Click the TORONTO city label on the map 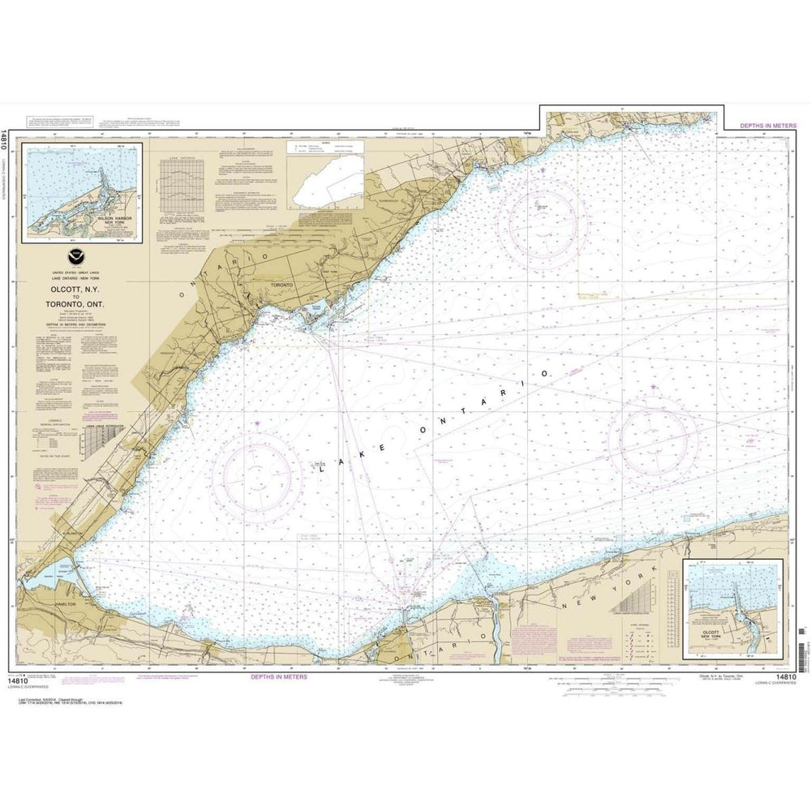point(281,286)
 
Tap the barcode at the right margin point(803,633)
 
